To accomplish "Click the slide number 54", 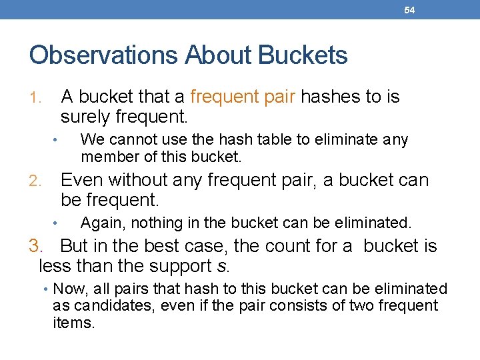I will [409, 10].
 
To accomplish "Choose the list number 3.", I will [36, 246].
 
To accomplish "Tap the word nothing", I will [155, 223].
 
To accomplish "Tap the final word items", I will [74, 323].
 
